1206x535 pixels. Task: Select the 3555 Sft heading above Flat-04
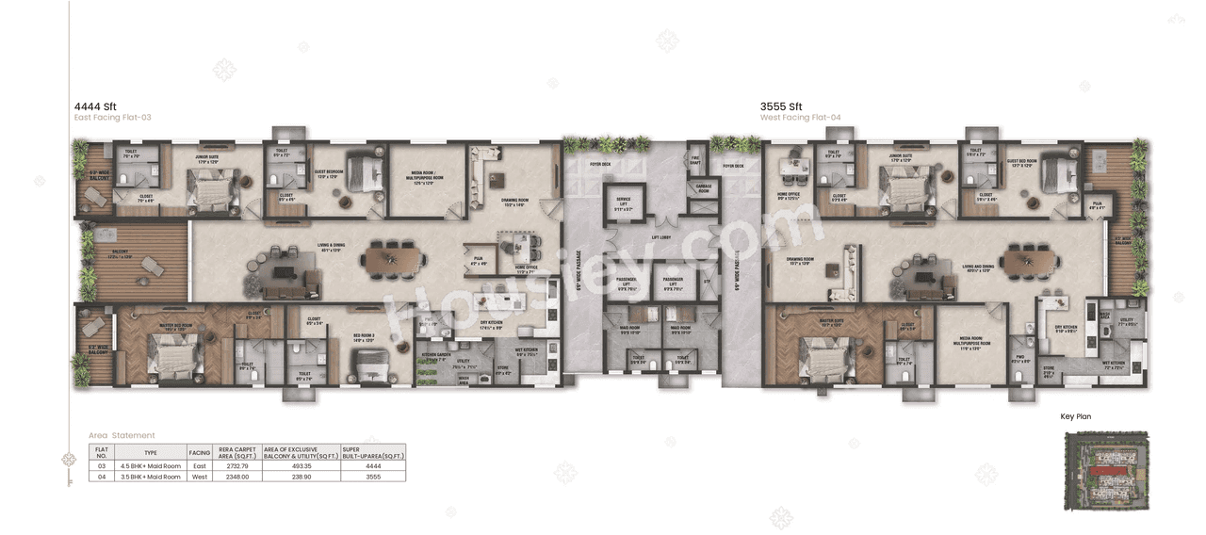[781, 106]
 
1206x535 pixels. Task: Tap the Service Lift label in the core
[623, 203]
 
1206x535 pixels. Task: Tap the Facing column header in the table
[199, 452]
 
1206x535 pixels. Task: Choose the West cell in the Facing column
[199, 477]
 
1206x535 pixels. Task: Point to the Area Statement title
[122, 435]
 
